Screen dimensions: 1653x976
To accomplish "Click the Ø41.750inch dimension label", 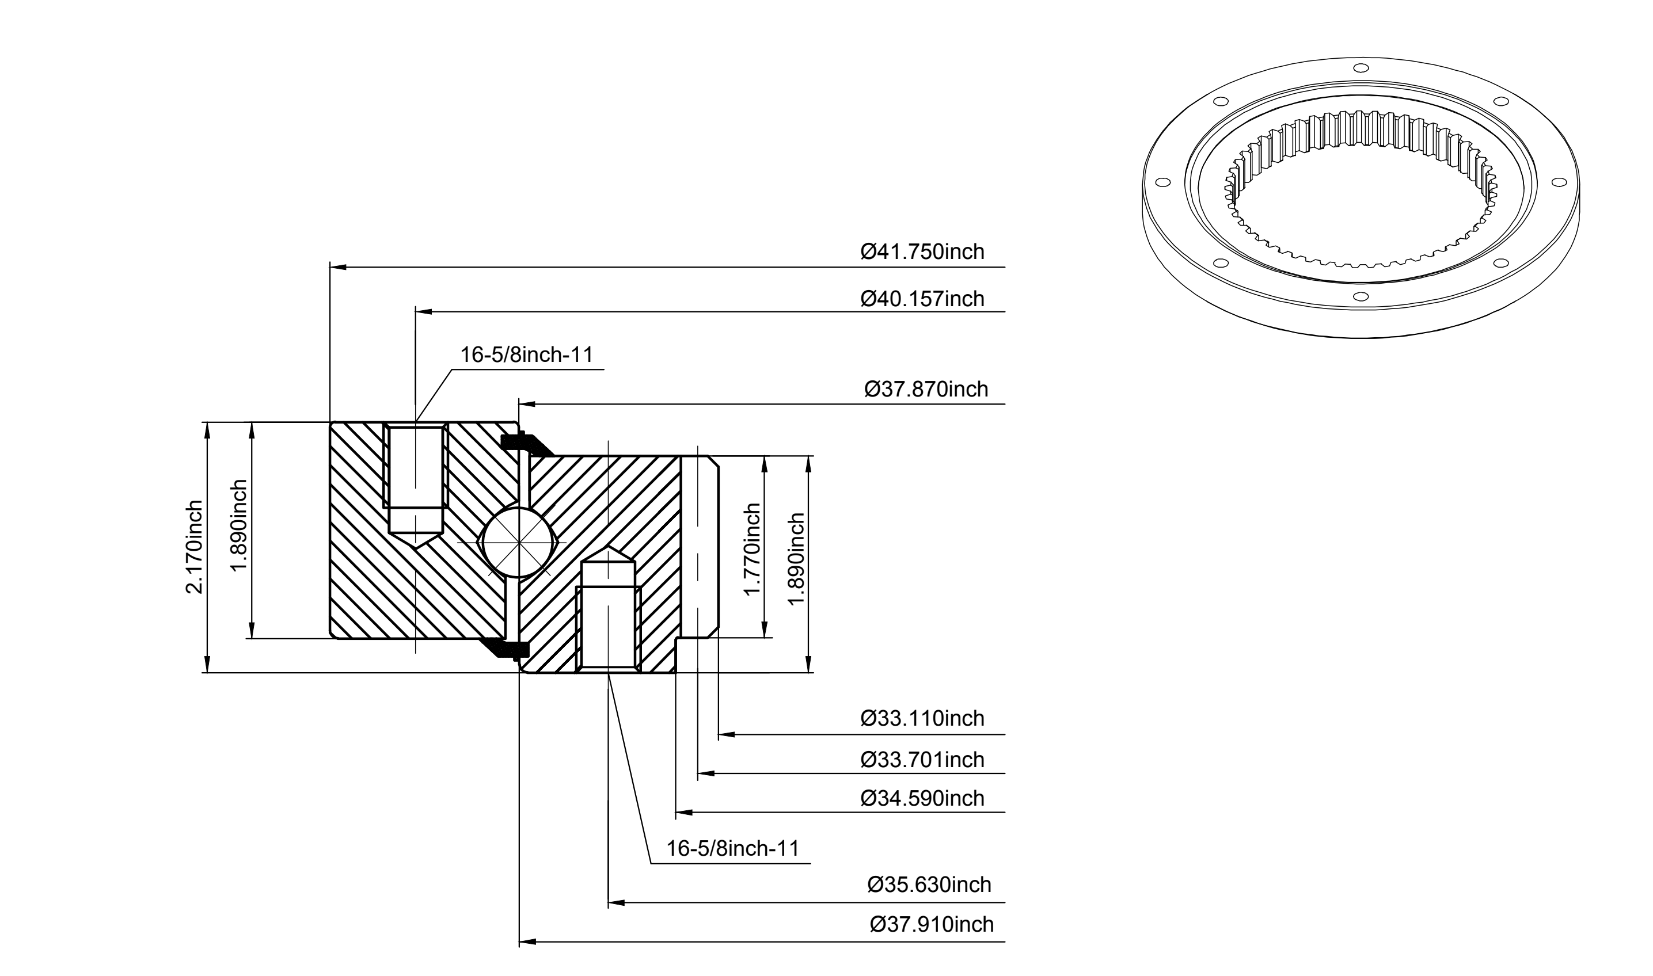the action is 922,252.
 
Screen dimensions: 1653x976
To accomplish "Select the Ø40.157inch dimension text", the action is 922,299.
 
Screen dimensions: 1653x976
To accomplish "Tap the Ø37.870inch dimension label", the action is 926,390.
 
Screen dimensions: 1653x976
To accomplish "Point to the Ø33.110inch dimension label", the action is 922,718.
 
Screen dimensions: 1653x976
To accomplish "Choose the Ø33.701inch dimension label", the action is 922,760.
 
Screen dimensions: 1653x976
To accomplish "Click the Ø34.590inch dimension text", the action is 922,798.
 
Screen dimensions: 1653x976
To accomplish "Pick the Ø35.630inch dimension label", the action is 929,884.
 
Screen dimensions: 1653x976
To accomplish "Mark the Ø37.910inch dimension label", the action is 931,924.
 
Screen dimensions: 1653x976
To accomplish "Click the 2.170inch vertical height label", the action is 195,547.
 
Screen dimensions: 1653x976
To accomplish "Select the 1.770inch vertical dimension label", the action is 752,549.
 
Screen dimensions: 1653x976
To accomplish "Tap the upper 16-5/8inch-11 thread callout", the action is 526,355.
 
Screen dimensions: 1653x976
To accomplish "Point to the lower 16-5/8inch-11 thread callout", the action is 733,848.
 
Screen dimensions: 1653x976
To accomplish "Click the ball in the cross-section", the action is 519,543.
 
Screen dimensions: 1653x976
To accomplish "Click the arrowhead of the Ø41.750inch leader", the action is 337,268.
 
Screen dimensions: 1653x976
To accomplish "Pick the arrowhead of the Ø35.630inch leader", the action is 617,903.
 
